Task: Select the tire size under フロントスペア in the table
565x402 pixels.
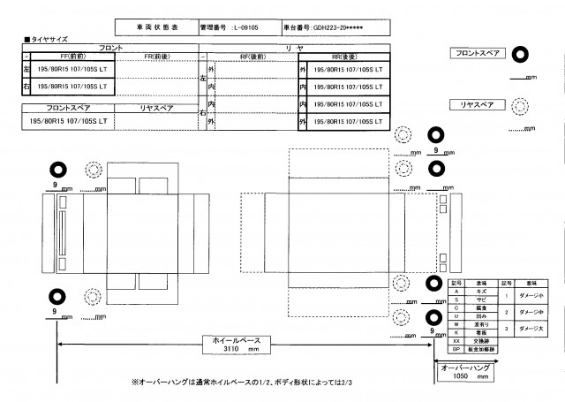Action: (69, 120)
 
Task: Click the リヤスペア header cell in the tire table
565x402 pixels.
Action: (157, 108)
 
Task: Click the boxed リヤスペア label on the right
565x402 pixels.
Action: (477, 104)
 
